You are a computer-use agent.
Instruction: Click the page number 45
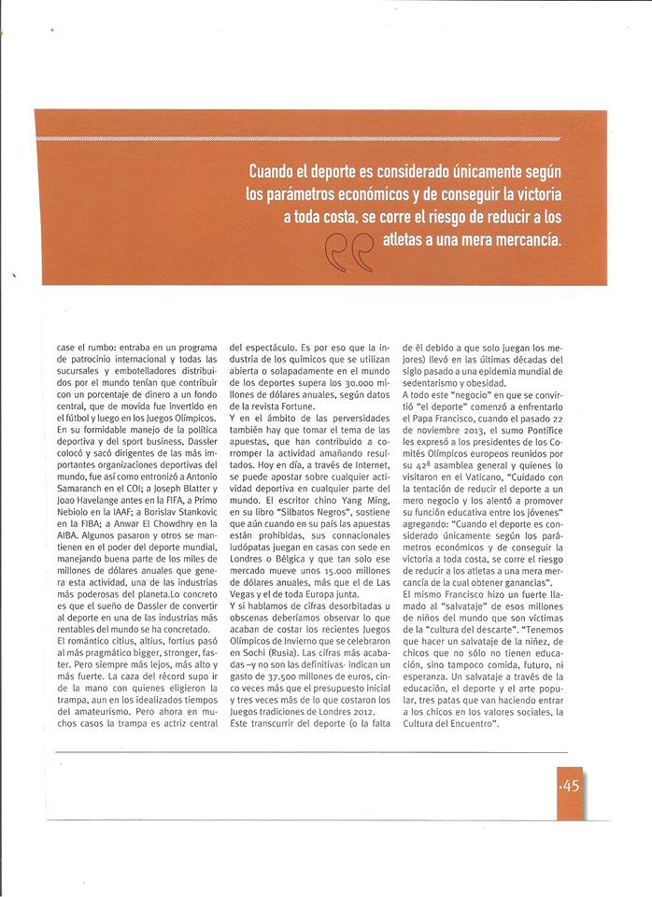(571, 786)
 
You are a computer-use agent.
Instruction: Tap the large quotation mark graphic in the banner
(348, 250)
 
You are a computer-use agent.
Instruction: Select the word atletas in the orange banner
(413, 239)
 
